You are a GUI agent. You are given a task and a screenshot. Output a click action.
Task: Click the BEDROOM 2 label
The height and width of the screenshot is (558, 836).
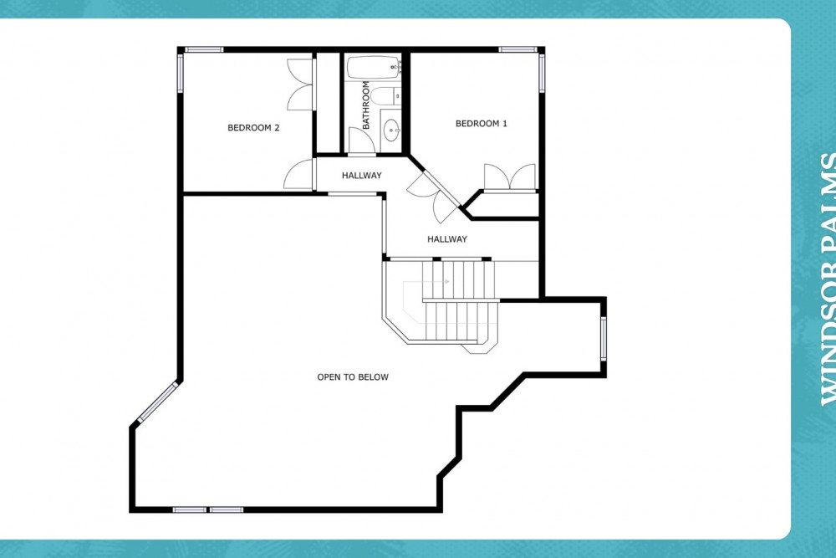253,127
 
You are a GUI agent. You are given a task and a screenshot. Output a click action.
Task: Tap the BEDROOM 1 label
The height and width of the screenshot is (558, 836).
481,123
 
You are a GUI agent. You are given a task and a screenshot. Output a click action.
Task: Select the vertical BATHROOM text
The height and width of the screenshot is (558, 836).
366,105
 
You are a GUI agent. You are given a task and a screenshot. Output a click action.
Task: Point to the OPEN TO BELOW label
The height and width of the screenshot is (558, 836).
353,376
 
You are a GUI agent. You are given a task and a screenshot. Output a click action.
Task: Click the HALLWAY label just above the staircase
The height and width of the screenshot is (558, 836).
446,239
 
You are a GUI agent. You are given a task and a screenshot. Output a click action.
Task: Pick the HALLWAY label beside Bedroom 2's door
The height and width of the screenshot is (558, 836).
361,175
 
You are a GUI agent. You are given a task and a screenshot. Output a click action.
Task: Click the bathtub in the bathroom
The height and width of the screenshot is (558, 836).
373,67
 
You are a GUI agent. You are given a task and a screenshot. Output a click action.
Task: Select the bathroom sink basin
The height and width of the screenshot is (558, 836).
391,131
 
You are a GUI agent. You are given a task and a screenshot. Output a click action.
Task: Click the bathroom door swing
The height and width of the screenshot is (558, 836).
361,141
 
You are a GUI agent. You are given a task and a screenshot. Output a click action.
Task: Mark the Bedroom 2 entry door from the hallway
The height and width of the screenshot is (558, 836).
298,174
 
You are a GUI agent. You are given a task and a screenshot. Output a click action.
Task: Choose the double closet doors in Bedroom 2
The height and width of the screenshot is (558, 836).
299,84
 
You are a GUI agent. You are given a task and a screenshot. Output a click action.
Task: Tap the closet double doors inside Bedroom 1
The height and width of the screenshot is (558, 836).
509,177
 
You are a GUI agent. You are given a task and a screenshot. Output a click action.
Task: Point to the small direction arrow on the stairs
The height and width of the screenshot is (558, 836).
446,281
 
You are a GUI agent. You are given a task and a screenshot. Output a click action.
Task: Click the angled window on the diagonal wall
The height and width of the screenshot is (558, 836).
158,402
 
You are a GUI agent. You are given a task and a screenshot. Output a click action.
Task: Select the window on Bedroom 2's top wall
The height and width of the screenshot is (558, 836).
204,49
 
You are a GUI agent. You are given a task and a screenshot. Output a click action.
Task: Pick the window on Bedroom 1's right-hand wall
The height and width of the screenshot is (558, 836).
542,73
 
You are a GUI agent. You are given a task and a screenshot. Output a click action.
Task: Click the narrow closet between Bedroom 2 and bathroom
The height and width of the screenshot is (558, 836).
328,102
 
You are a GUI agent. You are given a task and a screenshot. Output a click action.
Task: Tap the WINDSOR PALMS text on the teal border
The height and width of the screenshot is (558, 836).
828,279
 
